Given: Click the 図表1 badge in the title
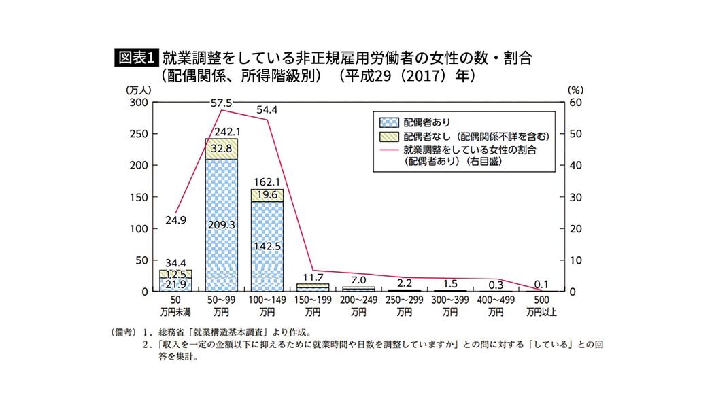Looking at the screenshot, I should pyautogui.click(x=136, y=58).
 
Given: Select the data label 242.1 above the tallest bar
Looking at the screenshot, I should pyautogui.click(x=222, y=131).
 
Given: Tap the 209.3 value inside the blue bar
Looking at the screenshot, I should pyautogui.click(x=222, y=224).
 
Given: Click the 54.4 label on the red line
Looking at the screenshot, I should pyautogui.click(x=267, y=109).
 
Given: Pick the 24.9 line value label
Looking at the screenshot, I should pyautogui.click(x=175, y=220).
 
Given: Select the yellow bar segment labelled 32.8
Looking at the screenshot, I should pyautogui.click(x=222, y=148).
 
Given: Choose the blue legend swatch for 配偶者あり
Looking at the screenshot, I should pyautogui.click(x=388, y=123).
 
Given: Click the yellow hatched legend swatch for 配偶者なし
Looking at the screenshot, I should pyautogui.click(x=388, y=136).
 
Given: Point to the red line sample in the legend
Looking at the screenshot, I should pyautogui.click(x=388, y=150).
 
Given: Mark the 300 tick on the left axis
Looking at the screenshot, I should pyautogui.click(x=138, y=103).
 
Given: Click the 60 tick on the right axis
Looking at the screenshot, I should pyautogui.click(x=575, y=103).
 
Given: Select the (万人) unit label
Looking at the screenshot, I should pyautogui.click(x=137, y=89).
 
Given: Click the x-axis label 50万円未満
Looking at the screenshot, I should pyautogui.click(x=175, y=306).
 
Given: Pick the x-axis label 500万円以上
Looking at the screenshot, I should pyautogui.click(x=541, y=306).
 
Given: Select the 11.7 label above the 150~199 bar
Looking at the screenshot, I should pyautogui.click(x=313, y=277).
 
